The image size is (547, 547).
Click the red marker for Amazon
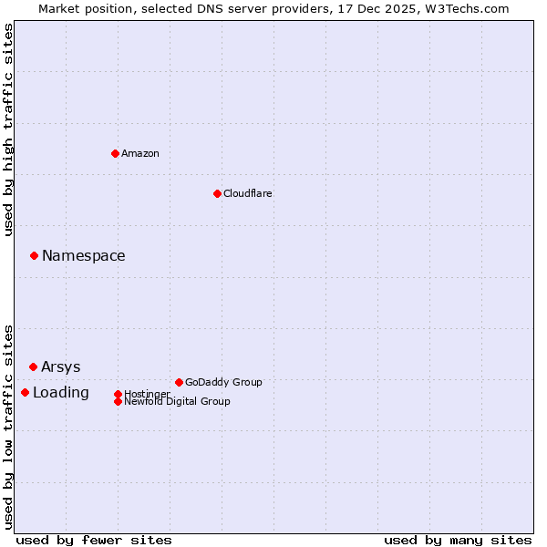(x=115, y=153)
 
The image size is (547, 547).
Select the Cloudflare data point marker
(x=217, y=193)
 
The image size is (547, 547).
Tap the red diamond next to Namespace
(x=34, y=255)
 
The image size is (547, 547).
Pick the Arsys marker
(x=33, y=366)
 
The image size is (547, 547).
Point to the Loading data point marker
(x=25, y=392)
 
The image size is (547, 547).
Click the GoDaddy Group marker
(x=179, y=382)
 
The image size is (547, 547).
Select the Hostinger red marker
(x=118, y=394)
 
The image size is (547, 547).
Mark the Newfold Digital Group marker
(x=118, y=401)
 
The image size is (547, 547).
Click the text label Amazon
(x=139, y=153)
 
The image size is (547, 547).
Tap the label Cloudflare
(x=247, y=193)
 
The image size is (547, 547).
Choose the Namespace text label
(x=83, y=255)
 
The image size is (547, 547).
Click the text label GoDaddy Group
(x=223, y=382)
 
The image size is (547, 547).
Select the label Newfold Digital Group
(x=177, y=401)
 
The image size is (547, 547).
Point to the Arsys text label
(x=60, y=366)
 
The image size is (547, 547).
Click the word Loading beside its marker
(x=60, y=392)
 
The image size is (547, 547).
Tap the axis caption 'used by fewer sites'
(x=94, y=540)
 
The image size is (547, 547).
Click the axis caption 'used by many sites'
(x=458, y=540)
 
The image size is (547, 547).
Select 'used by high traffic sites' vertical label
(x=8, y=129)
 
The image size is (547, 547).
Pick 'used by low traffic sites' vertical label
(x=8, y=426)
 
